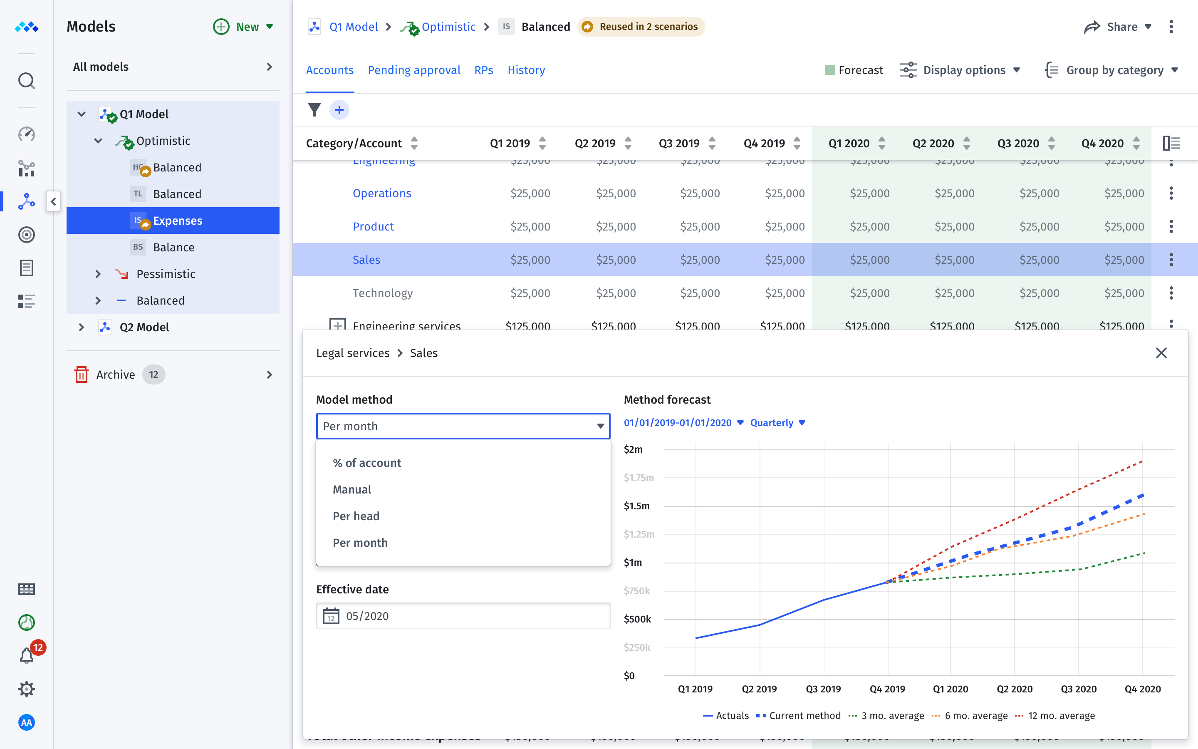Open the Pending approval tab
click(414, 70)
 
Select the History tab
click(526, 70)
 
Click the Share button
click(1117, 27)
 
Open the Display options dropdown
click(960, 70)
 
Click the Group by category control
click(1111, 70)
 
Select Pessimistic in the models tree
click(165, 274)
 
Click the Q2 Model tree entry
click(144, 327)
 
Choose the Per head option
click(356, 516)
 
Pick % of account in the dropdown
click(367, 463)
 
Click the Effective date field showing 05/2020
click(463, 616)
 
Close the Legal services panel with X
click(1161, 353)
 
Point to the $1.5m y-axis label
click(636, 506)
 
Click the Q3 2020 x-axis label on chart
click(1078, 689)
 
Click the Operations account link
click(382, 193)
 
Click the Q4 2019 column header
click(764, 144)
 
